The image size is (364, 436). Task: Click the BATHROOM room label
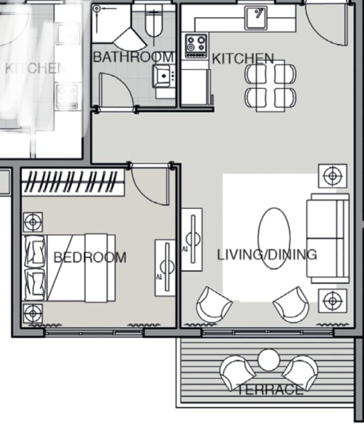(x=133, y=57)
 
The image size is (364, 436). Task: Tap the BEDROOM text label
(x=90, y=257)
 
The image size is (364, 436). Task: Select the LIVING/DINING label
(x=267, y=255)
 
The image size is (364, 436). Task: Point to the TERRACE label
(x=271, y=390)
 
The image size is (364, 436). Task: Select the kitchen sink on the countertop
(x=256, y=18)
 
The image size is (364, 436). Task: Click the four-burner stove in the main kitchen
(x=196, y=46)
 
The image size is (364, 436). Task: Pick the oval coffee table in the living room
(x=274, y=238)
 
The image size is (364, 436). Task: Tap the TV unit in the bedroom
(x=165, y=267)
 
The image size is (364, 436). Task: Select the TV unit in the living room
(x=192, y=240)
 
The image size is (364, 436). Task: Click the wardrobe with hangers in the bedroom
(x=73, y=182)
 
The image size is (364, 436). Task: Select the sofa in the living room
(x=328, y=238)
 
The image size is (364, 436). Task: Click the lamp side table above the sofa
(x=333, y=176)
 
